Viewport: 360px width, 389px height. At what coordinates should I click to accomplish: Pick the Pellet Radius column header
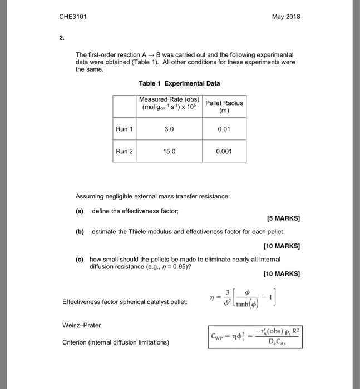point(224,107)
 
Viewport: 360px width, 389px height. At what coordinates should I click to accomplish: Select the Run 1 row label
point(125,129)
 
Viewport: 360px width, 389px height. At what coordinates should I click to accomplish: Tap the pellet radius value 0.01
point(224,129)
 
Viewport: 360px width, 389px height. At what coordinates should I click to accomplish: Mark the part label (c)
point(80,259)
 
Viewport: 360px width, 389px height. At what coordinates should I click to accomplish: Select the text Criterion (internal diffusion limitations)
point(115,342)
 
